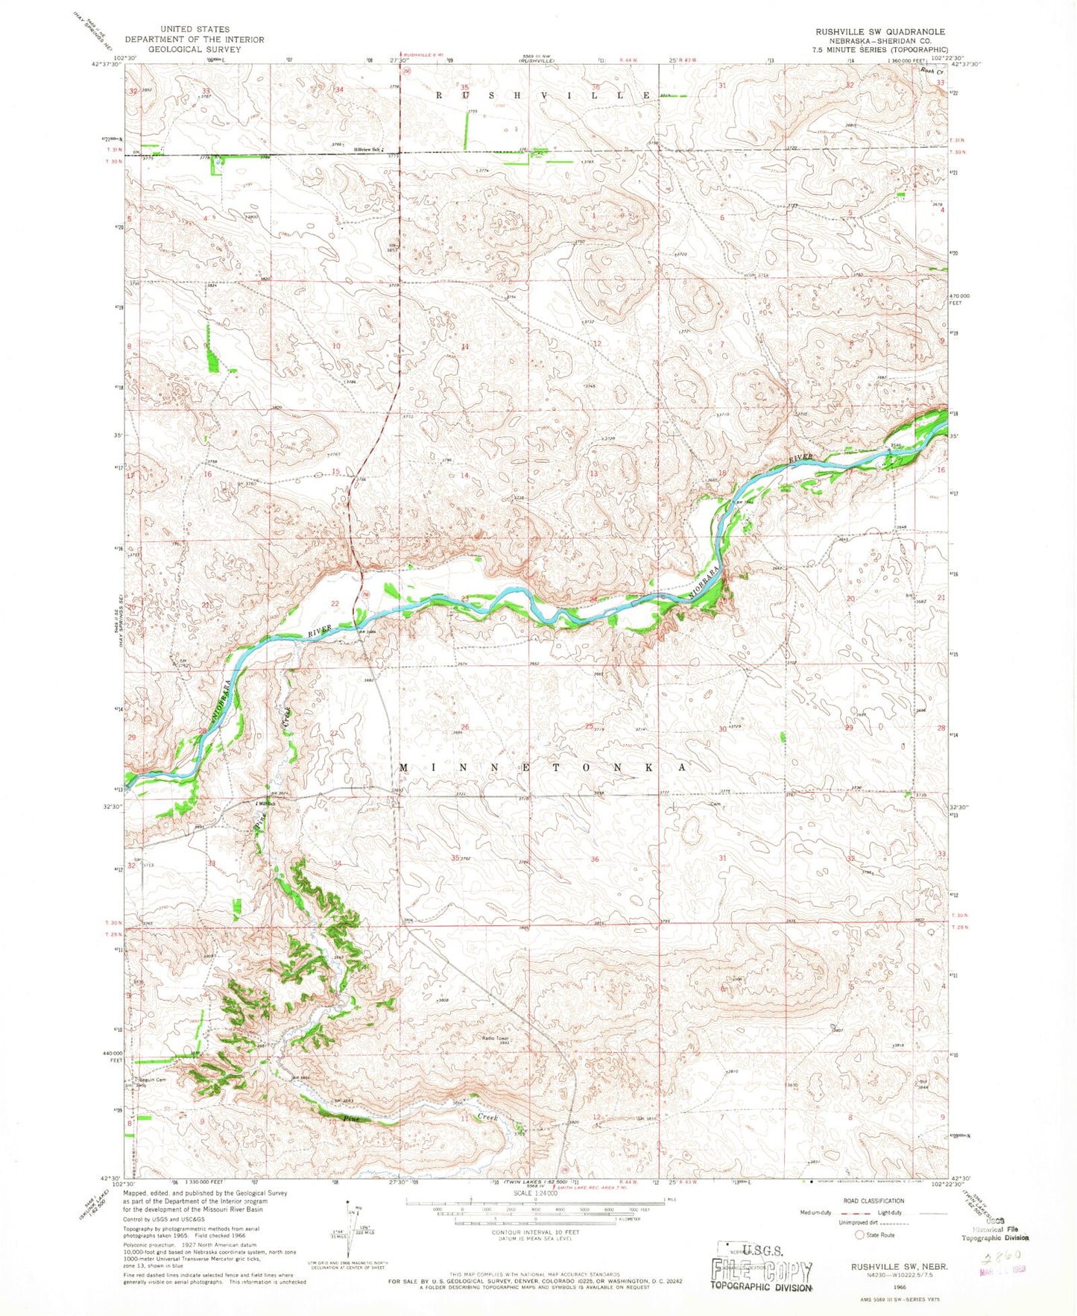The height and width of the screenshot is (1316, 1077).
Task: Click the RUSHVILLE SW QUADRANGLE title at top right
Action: pos(879,31)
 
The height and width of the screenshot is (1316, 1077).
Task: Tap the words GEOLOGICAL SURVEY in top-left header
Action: pos(194,49)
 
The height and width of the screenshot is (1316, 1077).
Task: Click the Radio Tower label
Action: pos(493,1037)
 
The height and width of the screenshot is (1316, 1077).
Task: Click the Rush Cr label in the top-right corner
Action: pos(928,71)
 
